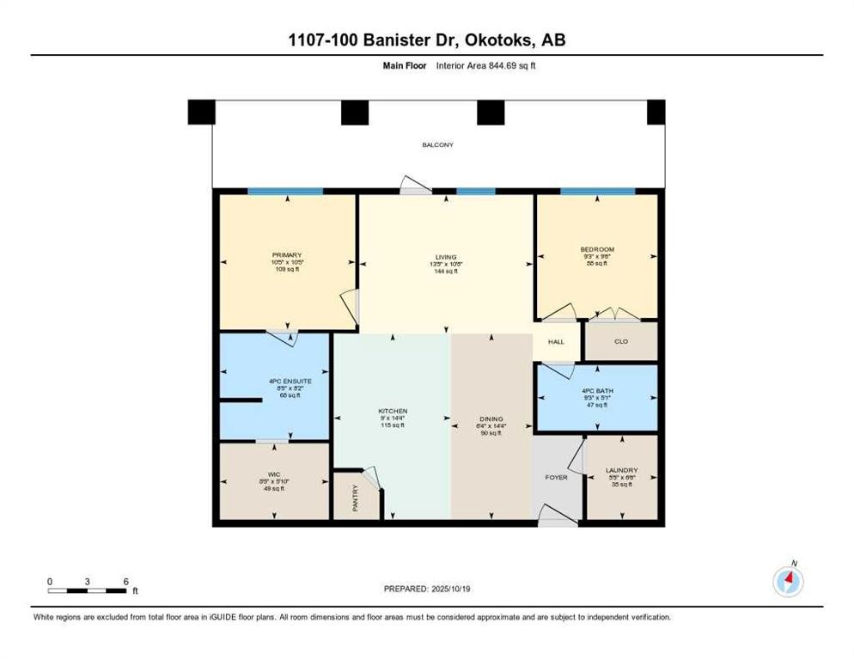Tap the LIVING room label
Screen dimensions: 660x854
pyautogui.click(x=445, y=256)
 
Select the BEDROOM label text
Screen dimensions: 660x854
pyautogui.click(x=597, y=249)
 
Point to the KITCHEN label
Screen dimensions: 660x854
pyautogui.click(x=393, y=412)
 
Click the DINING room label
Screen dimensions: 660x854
pyautogui.click(x=491, y=419)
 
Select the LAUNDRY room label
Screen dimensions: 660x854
pyautogui.click(x=621, y=470)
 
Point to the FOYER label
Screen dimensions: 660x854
pyautogui.click(x=557, y=477)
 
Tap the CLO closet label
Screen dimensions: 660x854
pyautogui.click(x=621, y=341)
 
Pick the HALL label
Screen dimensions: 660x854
pyautogui.click(x=557, y=342)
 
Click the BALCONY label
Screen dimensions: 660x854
pyautogui.click(x=437, y=144)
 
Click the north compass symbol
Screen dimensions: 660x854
pyautogui.click(x=788, y=582)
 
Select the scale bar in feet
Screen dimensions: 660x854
pyautogui.click(x=88, y=590)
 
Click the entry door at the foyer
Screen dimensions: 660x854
pyautogui.click(x=556, y=516)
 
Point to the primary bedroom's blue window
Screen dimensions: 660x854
pyautogui.click(x=285, y=191)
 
